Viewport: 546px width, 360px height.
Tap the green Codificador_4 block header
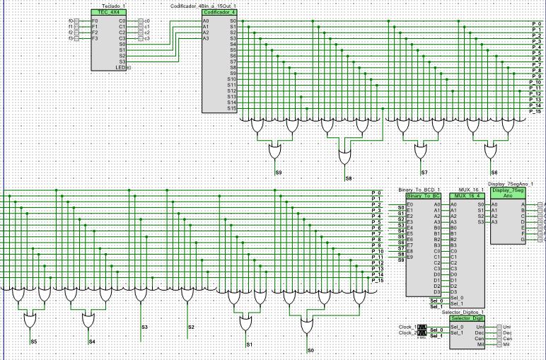pyautogui.click(x=219, y=13)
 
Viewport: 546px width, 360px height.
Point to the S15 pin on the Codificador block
pyautogui.click(x=231, y=108)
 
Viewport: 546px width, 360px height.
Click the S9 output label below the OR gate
pyautogui.click(x=278, y=172)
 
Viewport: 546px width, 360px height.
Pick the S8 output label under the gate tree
pyautogui.click(x=347, y=178)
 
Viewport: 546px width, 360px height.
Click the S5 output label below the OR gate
pyautogui.click(x=33, y=342)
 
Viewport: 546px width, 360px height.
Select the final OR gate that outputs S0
pyautogui.click(x=308, y=327)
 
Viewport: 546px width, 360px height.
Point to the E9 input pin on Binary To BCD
pyautogui.click(x=410, y=260)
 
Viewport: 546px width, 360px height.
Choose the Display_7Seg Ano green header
pyautogui.click(x=508, y=194)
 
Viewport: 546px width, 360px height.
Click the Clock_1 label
pyautogui.click(x=407, y=327)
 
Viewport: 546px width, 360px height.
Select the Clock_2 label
pyautogui.click(x=407, y=332)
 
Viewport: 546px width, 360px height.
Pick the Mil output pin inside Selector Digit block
pyautogui.click(x=486, y=344)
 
